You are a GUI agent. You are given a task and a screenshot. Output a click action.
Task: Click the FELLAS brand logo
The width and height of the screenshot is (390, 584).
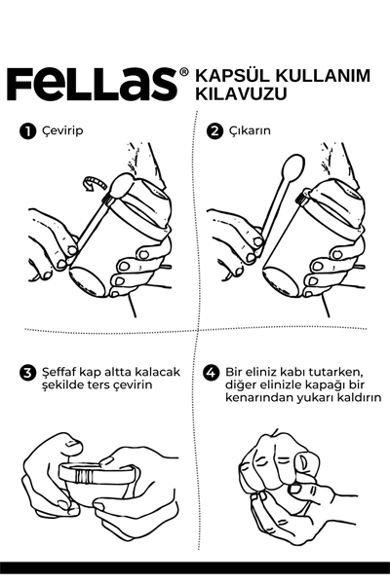click(x=92, y=84)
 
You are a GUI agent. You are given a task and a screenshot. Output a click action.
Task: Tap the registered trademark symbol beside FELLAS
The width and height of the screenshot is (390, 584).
click(x=184, y=72)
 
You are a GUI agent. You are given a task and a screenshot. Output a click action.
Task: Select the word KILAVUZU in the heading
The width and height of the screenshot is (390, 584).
click(x=242, y=93)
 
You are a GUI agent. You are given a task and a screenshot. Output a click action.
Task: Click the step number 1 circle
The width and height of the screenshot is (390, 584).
click(x=27, y=131)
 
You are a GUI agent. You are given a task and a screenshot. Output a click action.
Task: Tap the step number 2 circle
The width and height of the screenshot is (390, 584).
click(x=214, y=131)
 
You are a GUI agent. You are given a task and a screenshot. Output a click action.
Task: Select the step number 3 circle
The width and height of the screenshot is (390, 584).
click(x=27, y=373)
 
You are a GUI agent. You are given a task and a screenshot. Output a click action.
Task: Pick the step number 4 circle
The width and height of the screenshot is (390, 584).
click(x=211, y=373)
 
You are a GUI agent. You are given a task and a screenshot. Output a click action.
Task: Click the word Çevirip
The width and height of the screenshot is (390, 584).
click(x=62, y=131)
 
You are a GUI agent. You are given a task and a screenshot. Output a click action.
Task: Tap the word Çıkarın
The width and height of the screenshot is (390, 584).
click(x=250, y=131)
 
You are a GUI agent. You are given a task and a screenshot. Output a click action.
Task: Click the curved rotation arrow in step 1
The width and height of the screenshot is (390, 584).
click(x=97, y=183)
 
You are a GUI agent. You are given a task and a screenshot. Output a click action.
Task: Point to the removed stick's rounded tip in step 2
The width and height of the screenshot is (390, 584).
click(x=292, y=166)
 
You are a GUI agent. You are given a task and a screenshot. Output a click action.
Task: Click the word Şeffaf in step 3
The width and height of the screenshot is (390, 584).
click(x=59, y=372)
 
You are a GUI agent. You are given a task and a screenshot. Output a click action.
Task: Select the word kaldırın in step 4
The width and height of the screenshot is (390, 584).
click(x=359, y=397)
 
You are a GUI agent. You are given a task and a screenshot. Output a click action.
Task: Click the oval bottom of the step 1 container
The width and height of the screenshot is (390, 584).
click(x=88, y=280)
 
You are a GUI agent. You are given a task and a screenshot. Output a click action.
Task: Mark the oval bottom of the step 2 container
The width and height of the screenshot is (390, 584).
click(x=282, y=280)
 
